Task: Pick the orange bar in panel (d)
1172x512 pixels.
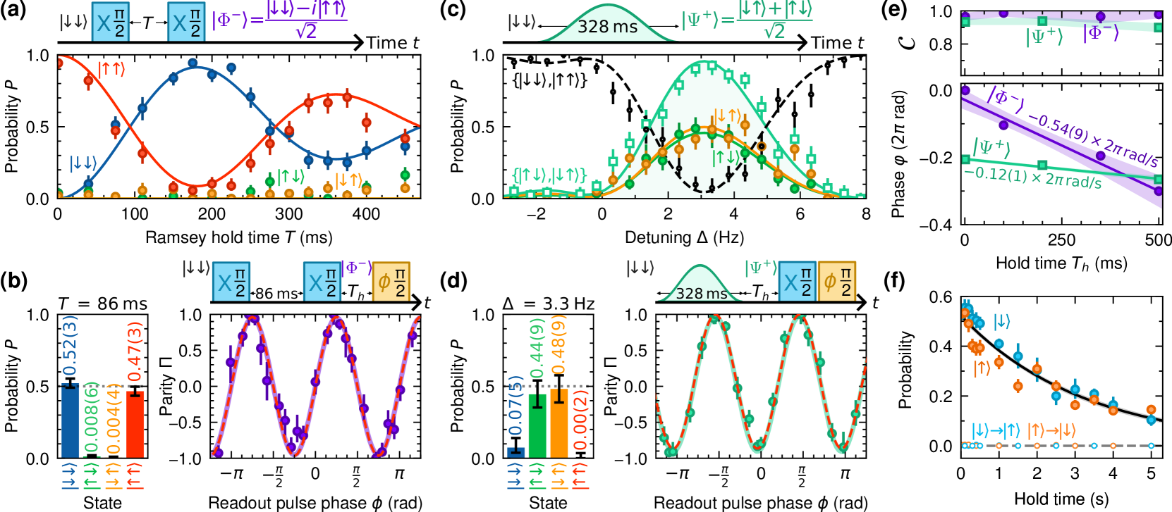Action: click(x=558, y=423)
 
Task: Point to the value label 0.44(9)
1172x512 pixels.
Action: click(x=537, y=349)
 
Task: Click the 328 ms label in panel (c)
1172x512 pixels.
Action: click(x=607, y=27)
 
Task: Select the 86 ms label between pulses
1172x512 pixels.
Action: click(x=276, y=293)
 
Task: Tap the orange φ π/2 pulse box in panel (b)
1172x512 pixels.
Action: click(x=391, y=281)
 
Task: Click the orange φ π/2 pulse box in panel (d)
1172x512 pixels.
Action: click(x=836, y=281)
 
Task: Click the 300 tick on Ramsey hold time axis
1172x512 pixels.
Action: click(x=288, y=213)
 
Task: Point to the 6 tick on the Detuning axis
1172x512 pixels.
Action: click(x=800, y=213)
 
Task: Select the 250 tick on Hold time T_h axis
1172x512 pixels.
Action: click(x=1061, y=239)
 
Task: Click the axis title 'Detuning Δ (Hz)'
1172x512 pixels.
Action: click(x=684, y=237)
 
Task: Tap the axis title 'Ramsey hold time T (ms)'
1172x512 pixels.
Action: click(x=238, y=237)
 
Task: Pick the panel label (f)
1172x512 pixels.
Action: click(x=893, y=280)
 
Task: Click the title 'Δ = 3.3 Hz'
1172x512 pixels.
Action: click(x=548, y=304)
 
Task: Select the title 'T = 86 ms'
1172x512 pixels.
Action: click(x=102, y=304)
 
